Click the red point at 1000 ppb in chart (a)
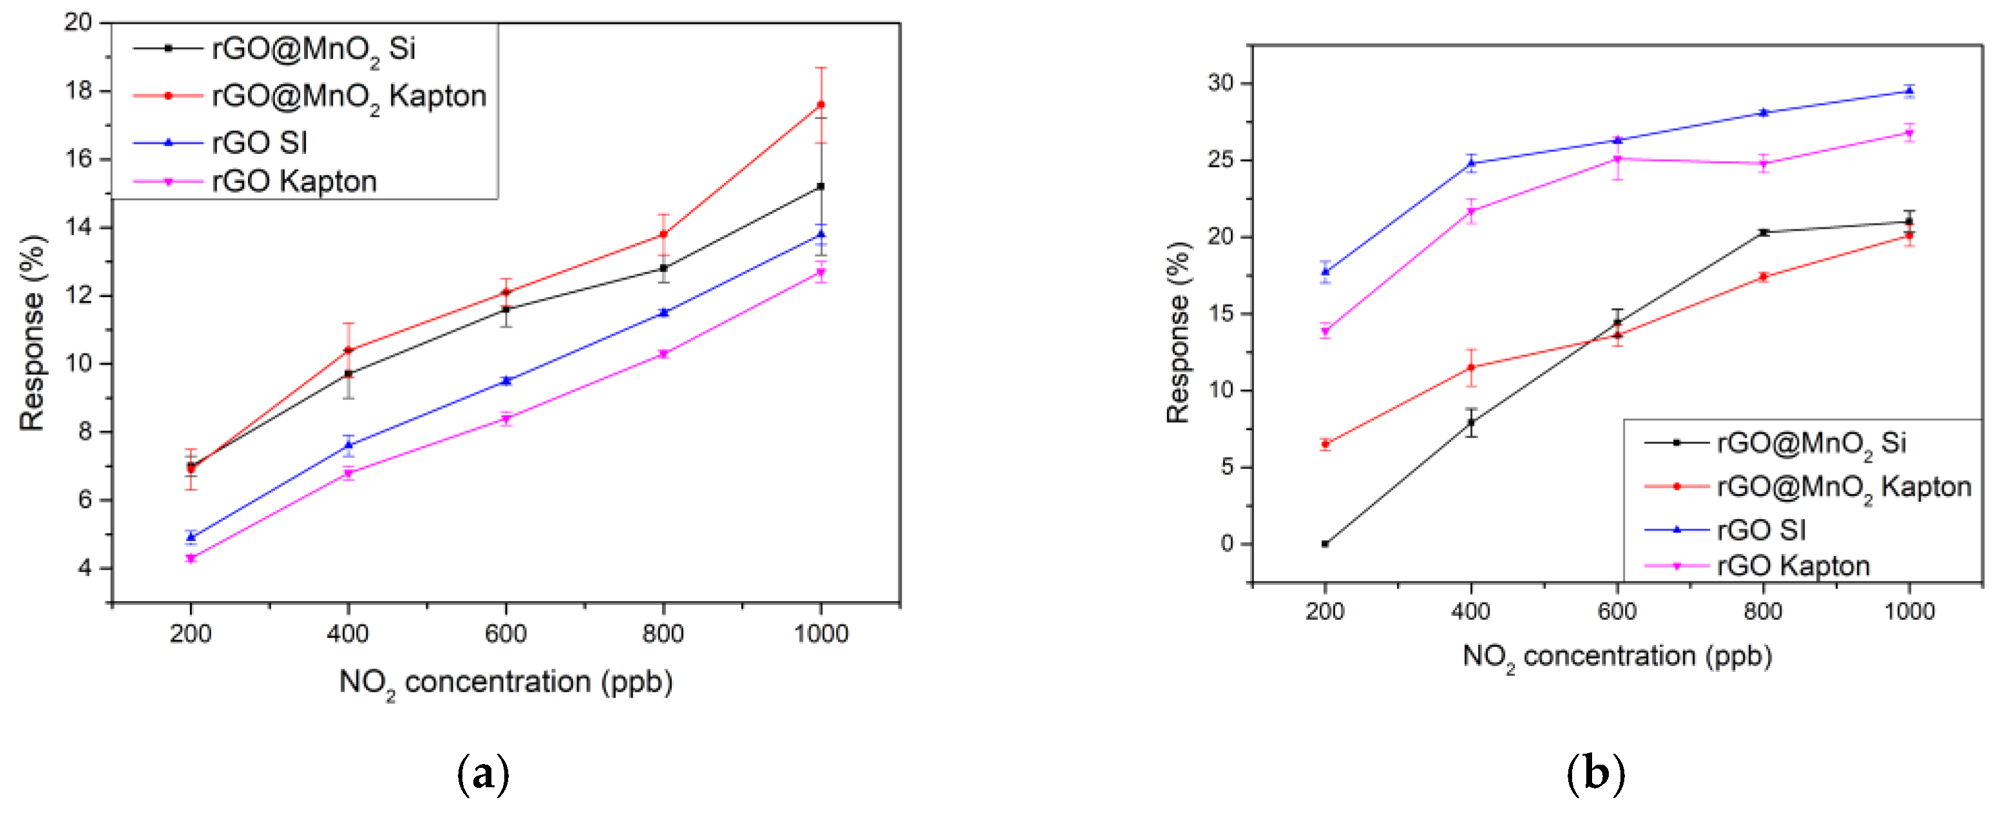tap(821, 104)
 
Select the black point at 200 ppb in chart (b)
tap(1325, 544)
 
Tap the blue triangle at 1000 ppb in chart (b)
tap(1909, 91)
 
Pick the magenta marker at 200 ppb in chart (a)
tap(191, 558)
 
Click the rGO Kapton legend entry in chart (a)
tap(294, 181)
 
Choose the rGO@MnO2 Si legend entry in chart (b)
tap(1811, 443)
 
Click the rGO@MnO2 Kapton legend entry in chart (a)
tap(348, 96)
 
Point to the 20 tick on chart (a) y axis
tap(78, 22)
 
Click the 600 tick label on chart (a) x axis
tap(506, 633)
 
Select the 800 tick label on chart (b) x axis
tap(1763, 611)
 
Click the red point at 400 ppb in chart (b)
tap(1471, 367)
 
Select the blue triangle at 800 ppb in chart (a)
tap(663, 312)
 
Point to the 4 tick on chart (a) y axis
tap(84, 568)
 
